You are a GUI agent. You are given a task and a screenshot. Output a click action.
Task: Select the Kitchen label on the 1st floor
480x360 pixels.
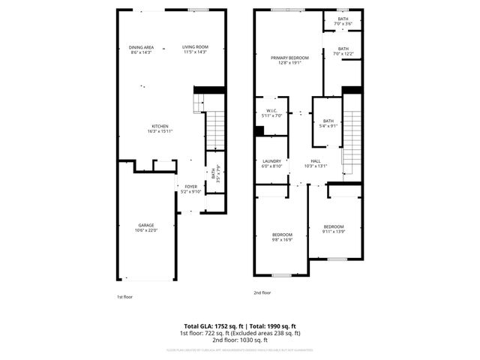[160, 126]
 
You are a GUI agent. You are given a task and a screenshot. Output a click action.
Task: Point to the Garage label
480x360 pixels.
[145, 225]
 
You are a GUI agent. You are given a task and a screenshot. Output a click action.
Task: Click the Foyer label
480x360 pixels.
[191, 187]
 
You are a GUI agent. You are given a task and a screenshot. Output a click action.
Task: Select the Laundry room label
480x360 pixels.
[271, 161]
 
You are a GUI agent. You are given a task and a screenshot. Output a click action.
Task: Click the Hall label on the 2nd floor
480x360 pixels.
[316, 161]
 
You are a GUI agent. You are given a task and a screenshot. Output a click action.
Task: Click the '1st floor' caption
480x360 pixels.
[124, 297]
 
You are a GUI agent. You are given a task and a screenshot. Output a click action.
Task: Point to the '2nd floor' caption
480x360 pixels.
[262, 292]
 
